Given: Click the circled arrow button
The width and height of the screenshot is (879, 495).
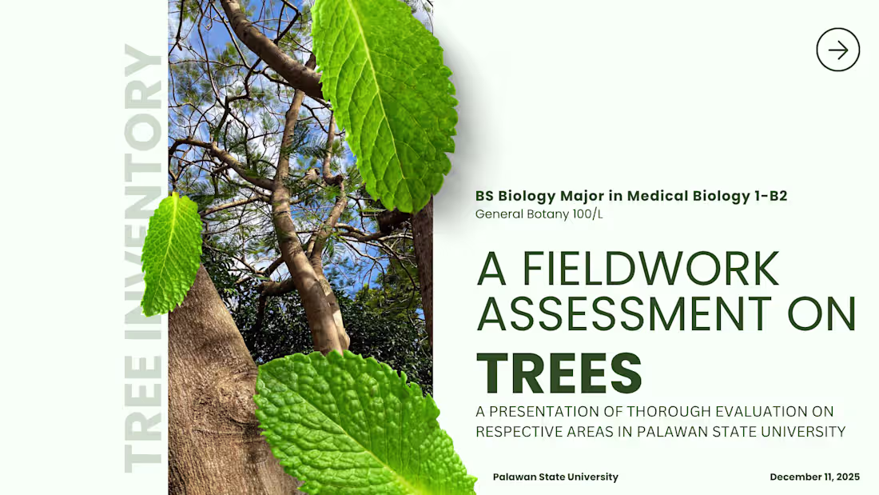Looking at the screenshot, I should (837, 50).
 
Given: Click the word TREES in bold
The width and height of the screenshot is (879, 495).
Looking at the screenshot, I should (559, 373).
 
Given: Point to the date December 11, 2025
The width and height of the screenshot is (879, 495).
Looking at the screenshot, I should (814, 477).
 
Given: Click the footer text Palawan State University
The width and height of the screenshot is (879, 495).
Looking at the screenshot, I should (555, 477).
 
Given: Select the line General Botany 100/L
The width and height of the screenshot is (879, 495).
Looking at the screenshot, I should (539, 214).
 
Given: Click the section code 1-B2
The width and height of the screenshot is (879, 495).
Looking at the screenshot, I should (770, 196).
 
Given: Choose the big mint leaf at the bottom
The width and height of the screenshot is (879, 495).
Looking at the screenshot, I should (360, 424).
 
